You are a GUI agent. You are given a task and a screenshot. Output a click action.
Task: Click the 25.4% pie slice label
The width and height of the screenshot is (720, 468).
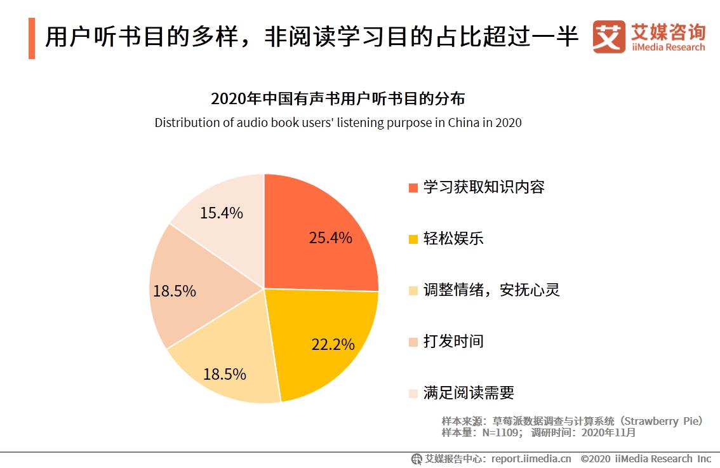point(330,237)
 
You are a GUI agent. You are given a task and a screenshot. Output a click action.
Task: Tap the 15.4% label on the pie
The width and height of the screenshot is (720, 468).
point(221,213)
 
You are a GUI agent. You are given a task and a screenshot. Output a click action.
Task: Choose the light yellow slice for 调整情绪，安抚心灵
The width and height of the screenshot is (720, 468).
point(225,368)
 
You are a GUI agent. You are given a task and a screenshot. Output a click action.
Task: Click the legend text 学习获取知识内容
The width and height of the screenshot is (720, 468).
point(484,187)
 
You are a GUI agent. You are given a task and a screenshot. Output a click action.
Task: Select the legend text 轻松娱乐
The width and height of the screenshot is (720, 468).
point(453,238)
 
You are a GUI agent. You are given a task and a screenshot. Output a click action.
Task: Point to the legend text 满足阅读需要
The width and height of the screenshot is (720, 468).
point(469,392)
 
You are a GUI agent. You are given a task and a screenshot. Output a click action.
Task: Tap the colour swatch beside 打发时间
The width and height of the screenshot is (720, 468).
point(413,342)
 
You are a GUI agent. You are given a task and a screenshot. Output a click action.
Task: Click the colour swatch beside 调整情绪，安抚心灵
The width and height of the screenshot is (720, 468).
point(413,290)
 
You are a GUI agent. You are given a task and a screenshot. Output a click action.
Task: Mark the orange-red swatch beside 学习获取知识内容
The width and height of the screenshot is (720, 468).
point(413,187)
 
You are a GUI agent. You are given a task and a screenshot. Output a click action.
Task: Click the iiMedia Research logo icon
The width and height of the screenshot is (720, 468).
point(608,37)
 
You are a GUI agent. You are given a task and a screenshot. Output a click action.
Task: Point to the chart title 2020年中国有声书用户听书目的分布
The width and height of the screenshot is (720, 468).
point(338,99)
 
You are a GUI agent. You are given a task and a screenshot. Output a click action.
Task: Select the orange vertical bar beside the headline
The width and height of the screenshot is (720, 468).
point(32,39)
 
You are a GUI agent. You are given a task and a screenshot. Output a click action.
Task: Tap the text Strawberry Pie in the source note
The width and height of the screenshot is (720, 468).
point(662,421)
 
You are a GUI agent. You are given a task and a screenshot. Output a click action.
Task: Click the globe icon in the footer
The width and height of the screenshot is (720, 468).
point(417,458)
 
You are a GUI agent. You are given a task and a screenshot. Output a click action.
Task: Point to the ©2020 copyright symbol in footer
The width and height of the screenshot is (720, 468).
point(585,458)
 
